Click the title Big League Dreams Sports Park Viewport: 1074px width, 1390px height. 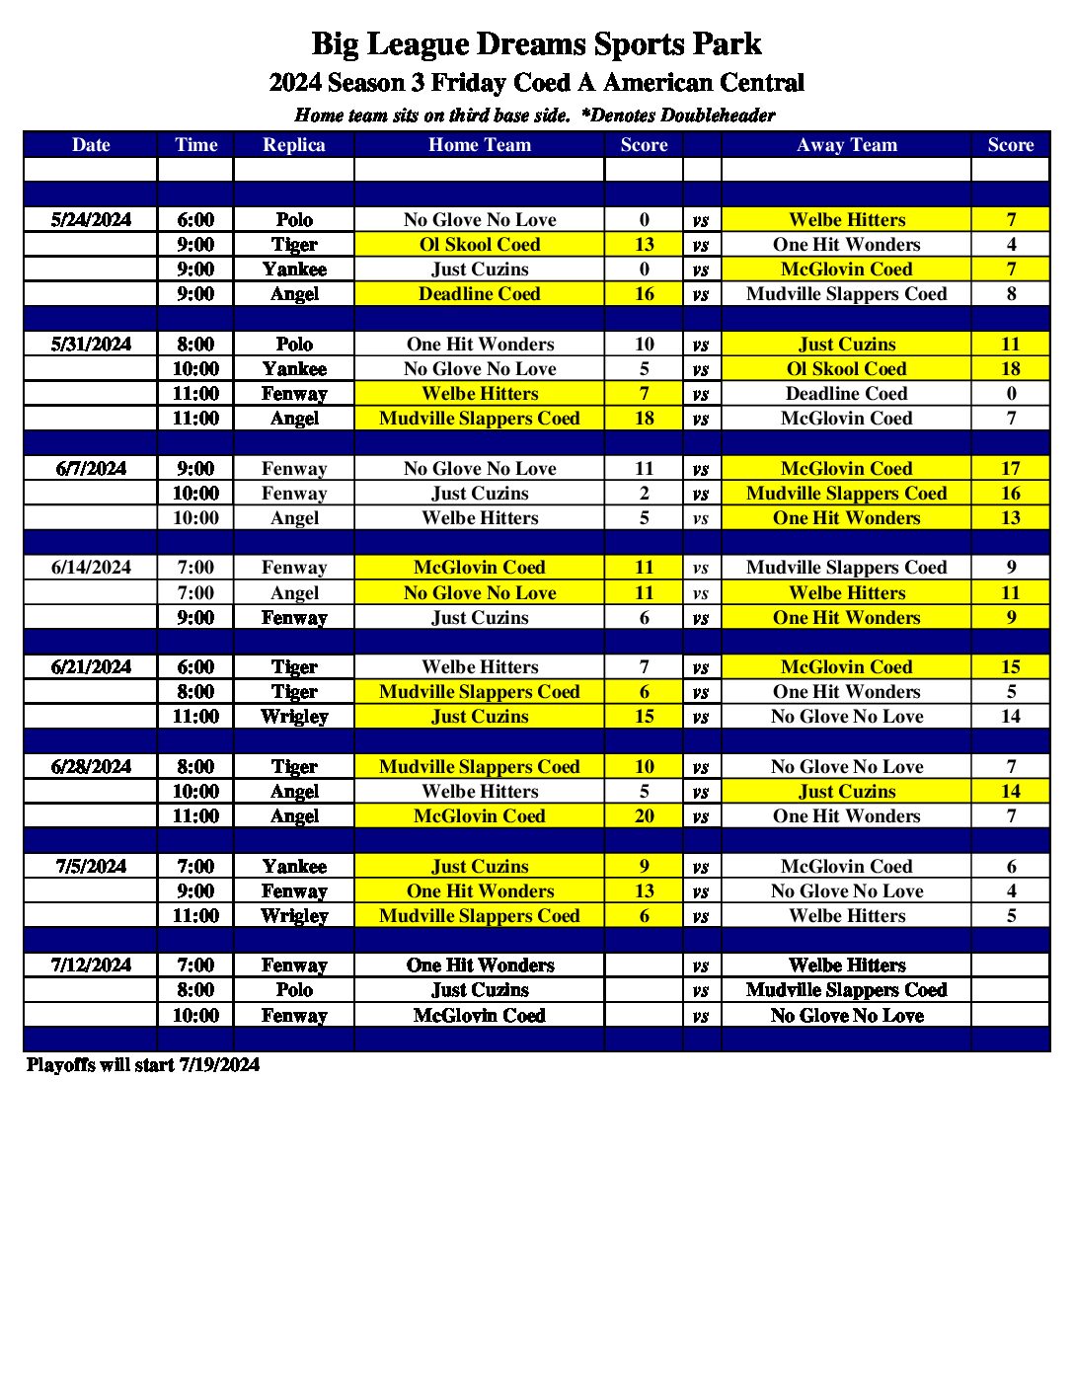[x=536, y=44]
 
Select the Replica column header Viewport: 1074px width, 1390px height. [x=294, y=145]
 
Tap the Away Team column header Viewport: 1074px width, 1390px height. [x=846, y=145]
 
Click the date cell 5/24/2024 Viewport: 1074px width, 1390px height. [x=91, y=220]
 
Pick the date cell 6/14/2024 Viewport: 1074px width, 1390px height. [x=91, y=568]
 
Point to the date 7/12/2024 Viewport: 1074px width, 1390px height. [x=91, y=965]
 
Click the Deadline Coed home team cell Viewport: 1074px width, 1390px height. [x=479, y=294]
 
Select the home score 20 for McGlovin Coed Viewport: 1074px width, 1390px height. [x=644, y=816]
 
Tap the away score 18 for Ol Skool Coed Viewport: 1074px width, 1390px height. [x=1010, y=369]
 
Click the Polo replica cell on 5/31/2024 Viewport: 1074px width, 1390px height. [x=294, y=345]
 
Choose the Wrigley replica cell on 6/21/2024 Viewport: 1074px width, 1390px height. [x=294, y=717]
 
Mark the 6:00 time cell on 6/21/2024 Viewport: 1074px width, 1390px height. [x=195, y=667]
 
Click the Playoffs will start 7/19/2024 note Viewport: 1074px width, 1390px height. [x=143, y=1065]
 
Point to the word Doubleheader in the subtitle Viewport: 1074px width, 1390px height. [x=718, y=116]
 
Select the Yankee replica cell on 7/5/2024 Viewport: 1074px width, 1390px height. [x=294, y=867]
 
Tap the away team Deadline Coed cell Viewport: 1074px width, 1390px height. [x=846, y=394]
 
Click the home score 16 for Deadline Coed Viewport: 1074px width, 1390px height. [x=644, y=294]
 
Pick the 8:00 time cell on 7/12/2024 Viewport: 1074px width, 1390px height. [x=195, y=990]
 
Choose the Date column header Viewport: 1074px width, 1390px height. [x=91, y=145]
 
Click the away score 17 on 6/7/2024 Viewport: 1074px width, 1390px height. [x=1010, y=469]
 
